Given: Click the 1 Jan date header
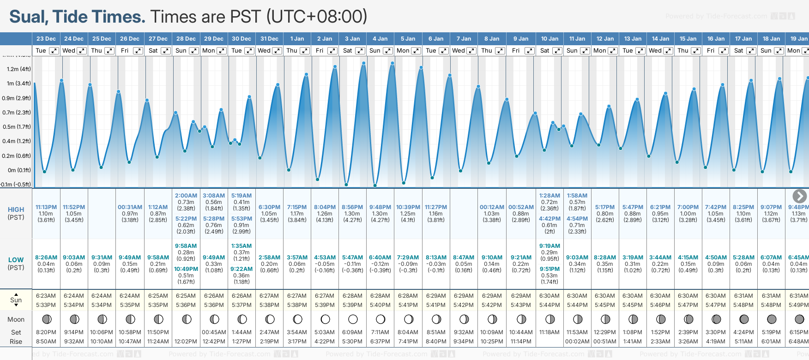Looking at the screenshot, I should (x=297, y=39).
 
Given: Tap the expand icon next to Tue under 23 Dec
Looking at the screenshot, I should (x=54, y=51).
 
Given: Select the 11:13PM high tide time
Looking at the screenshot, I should (x=46, y=207).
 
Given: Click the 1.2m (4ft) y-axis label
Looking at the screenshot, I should (x=19, y=69).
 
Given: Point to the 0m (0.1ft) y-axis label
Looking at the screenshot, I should (x=19, y=170).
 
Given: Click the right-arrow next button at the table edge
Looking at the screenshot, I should (x=799, y=196).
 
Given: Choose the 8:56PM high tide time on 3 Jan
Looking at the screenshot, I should (x=352, y=207).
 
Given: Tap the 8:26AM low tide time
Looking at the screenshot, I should (x=46, y=258).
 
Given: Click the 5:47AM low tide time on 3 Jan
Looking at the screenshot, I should (x=352, y=258).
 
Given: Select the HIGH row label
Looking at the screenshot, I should (x=16, y=210).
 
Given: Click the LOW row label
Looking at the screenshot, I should (x=16, y=260).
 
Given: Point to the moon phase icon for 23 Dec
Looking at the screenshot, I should (x=46, y=319).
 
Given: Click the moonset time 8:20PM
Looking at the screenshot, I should (x=46, y=332).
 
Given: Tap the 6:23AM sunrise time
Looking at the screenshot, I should (x=46, y=296).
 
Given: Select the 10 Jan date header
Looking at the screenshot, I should (x=549, y=39).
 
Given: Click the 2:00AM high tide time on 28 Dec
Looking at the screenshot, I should (x=186, y=196).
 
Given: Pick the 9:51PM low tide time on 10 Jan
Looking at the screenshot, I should (x=549, y=269).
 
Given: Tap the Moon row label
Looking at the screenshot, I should (x=16, y=319).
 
